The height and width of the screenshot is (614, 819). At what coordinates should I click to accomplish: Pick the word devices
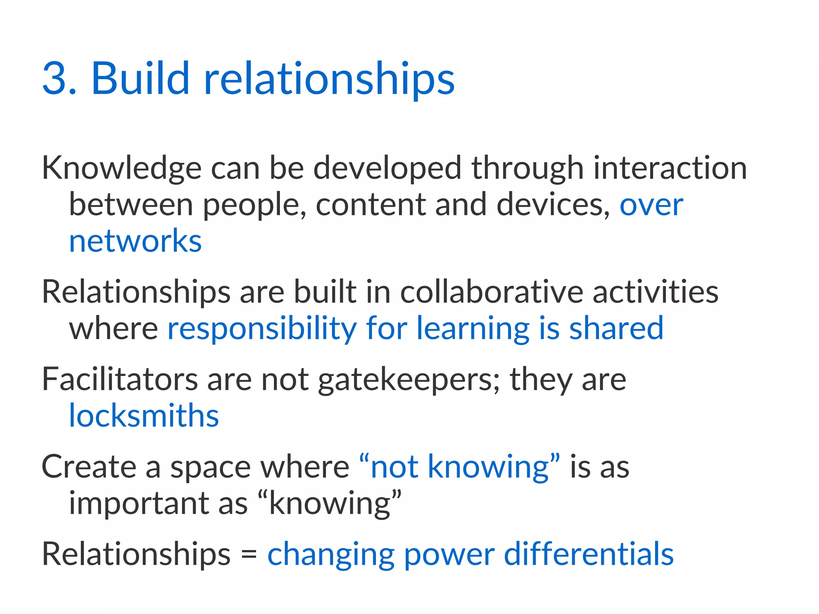(x=553, y=205)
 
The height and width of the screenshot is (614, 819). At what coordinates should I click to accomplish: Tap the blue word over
(x=651, y=205)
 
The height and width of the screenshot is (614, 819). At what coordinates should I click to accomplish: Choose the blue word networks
(x=135, y=242)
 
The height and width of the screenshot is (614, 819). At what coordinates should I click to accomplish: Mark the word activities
(x=655, y=292)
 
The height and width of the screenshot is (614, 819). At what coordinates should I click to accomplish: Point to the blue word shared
(x=616, y=328)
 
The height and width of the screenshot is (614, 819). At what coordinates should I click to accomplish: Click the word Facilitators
(x=120, y=380)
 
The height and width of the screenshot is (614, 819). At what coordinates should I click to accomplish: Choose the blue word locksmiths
(x=144, y=416)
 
